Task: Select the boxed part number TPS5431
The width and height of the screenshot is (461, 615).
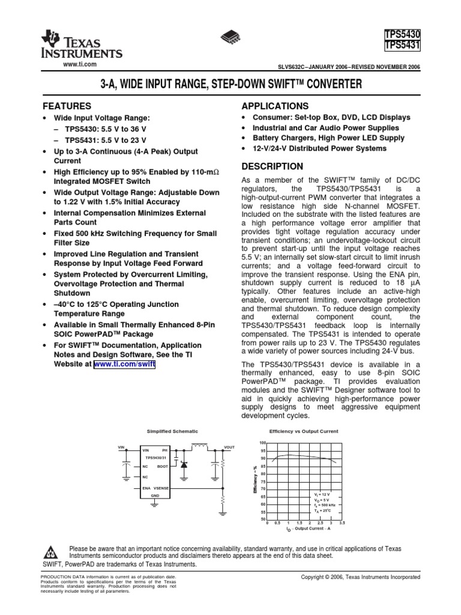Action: point(402,46)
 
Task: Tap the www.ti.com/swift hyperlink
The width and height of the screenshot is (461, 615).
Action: point(124,364)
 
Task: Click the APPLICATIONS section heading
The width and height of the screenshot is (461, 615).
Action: point(274,106)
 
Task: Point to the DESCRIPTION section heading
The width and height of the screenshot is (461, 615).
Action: point(272,166)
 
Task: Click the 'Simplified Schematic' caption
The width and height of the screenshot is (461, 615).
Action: point(172,431)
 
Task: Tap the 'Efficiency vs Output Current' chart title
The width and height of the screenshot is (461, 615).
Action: point(304,431)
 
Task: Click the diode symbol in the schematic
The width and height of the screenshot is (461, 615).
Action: point(184,465)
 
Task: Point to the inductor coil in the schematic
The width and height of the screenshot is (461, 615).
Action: point(199,447)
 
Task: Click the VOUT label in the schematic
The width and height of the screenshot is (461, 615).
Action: point(229,447)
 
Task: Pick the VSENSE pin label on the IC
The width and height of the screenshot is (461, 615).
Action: point(161,489)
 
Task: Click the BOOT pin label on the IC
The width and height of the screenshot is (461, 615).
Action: point(163,466)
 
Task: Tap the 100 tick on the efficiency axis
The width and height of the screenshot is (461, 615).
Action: point(262,443)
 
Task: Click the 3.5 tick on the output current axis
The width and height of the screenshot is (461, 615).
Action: point(342,523)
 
